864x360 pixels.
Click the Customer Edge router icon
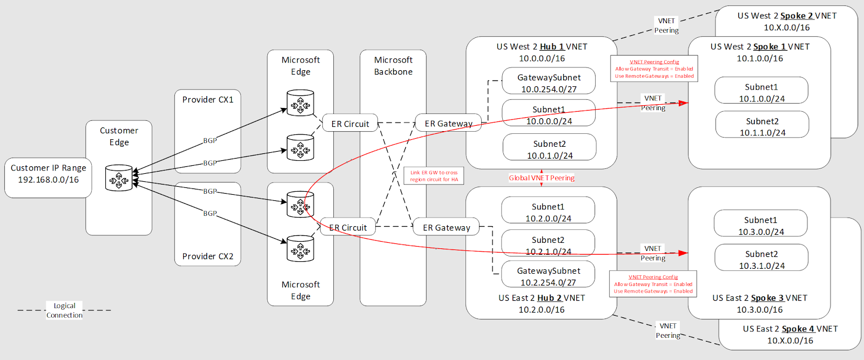tap(119, 178)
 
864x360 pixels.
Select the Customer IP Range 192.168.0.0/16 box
tap(48, 174)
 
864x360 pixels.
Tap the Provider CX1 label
tap(207, 100)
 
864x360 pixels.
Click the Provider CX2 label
tap(207, 256)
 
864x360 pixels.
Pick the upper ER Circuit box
tap(350, 124)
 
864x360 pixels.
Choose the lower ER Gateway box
tap(446, 228)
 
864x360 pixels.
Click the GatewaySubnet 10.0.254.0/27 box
tap(549, 83)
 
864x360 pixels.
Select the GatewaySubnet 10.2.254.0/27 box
tap(548, 276)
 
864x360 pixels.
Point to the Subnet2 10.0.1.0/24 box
tap(549, 149)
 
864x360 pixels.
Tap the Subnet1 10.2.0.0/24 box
tap(548, 212)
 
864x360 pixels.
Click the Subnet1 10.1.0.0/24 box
tap(761, 92)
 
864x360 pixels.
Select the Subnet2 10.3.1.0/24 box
tap(761, 259)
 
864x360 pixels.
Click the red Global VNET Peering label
tap(541, 178)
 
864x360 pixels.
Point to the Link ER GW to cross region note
tap(434, 176)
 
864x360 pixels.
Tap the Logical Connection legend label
tap(64, 310)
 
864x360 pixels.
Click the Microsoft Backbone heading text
tap(393, 66)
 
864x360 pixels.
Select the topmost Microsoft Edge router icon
tap(300, 104)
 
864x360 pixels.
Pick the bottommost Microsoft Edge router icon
tap(300, 249)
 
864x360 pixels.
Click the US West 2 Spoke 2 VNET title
tap(787, 16)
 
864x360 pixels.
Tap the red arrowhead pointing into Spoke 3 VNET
tap(684, 253)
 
